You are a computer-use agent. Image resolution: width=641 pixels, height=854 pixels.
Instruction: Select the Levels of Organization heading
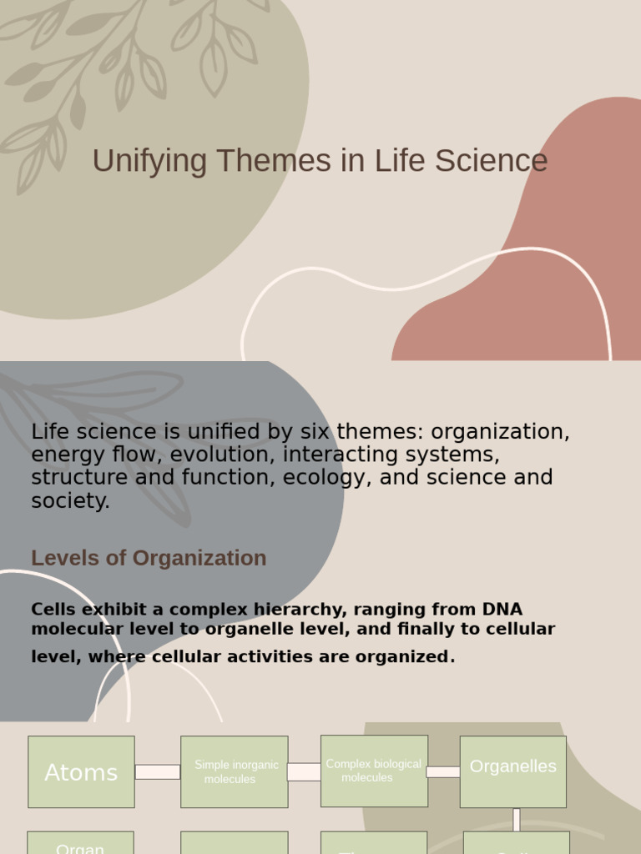click(149, 558)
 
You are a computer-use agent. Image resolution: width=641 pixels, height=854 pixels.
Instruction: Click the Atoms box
click(81, 772)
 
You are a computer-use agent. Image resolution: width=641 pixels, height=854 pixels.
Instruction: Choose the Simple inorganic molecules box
click(235, 772)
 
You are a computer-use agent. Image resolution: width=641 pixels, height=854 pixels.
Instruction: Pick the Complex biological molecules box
click(374, 771)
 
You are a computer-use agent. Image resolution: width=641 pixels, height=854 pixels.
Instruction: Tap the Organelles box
click(512, 771)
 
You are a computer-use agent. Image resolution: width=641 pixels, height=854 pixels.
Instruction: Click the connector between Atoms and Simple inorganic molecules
click(158, 772)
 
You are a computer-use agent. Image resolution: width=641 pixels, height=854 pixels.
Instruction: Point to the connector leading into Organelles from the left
click(443, 771)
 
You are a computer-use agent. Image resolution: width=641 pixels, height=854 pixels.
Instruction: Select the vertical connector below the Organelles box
click(517, 819)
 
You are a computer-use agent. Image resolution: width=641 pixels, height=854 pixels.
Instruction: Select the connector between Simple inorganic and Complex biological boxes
click(304, 772)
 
